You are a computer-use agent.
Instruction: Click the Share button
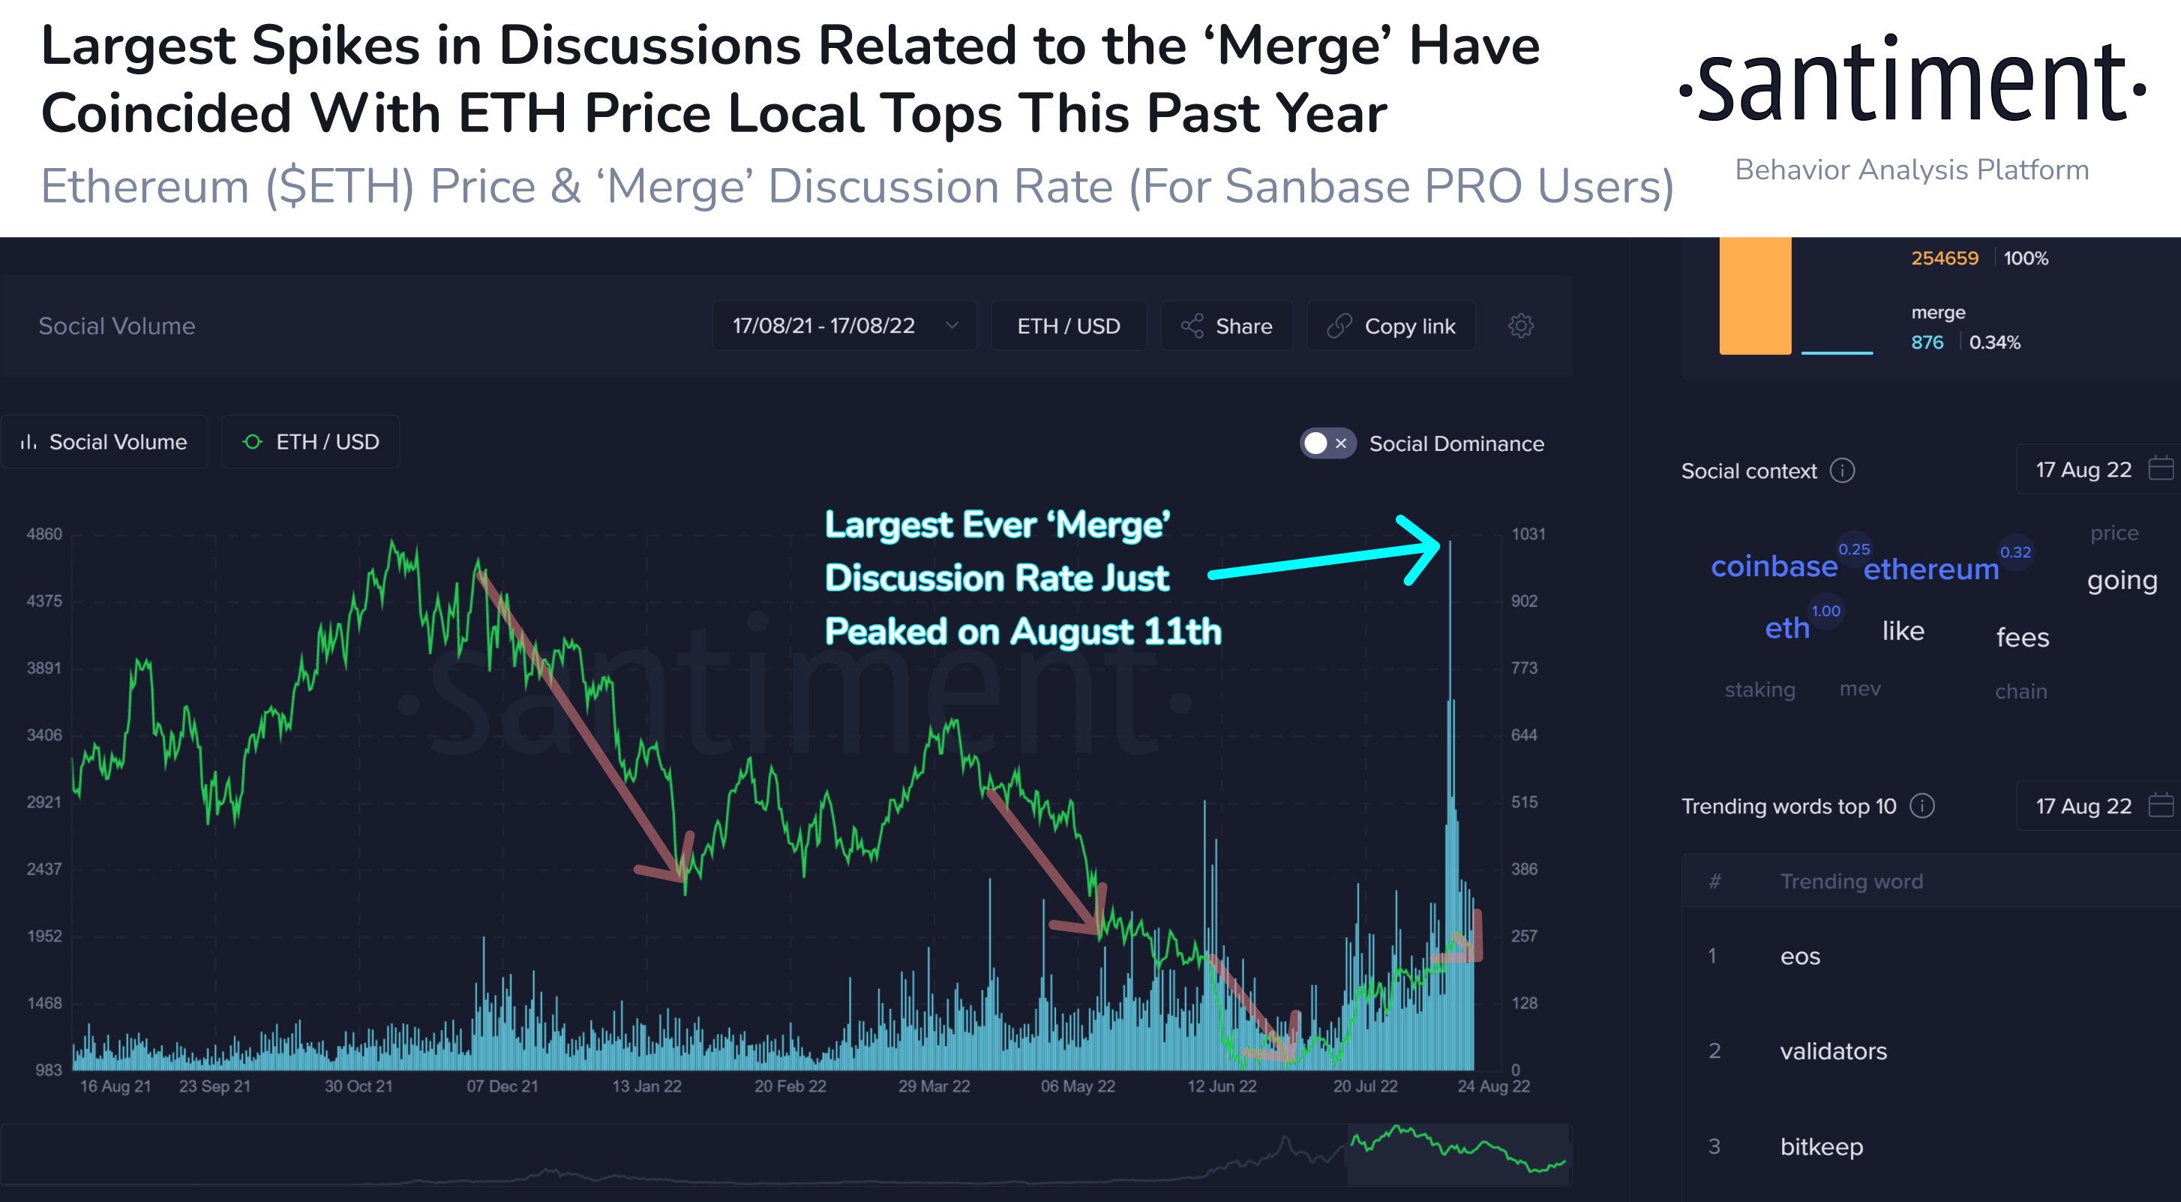pos(1227,326)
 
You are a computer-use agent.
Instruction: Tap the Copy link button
pos(1391,326)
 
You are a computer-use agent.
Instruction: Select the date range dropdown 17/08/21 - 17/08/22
pos(844,326)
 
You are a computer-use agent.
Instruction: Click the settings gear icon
pos(1520,326)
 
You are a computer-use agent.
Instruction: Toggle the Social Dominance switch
pos(1327,443)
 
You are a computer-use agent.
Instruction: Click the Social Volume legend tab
pos(104,442)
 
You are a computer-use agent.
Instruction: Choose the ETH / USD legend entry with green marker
pos(310,442)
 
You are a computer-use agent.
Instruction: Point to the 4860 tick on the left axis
pos(44,534)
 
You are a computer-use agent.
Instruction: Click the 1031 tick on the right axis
pos(1528,534)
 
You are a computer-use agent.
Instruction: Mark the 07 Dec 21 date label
pos(502,1086)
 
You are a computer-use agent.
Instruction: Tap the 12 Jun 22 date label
pos(1221,1086)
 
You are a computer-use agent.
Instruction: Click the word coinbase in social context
pos(1774,566)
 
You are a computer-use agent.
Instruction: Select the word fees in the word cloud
pos(2022,637)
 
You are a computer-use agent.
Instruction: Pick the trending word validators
pos(1833,1051)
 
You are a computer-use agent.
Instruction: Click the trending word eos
pos(1800,957)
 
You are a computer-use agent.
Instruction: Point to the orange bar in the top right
pos(1754,296)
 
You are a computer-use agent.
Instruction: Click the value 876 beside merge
pos(1927,342)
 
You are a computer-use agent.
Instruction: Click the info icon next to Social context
pos(1842,470)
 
